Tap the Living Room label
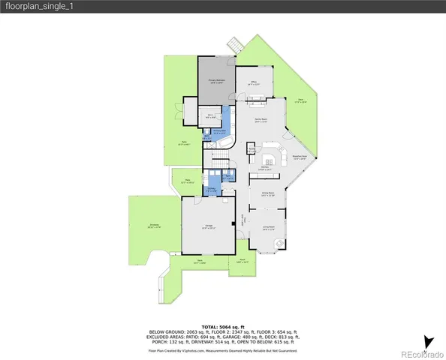(268, 228)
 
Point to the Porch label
(243, 262)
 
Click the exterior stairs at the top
(235, 46)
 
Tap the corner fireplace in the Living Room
(280, 243)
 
